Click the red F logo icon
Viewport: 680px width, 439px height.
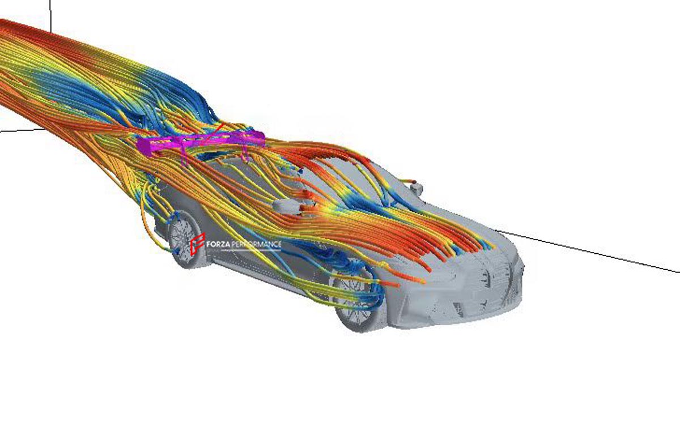pyautogui.click(x=197, y=244)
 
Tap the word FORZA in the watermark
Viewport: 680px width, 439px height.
pyautogui.click(x=218, y=244)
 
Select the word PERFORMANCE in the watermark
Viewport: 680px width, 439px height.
pyautogui.click(x=256, y=244)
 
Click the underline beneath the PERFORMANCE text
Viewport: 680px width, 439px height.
pyautogui.click(x=251, y=250)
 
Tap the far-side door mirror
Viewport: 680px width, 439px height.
pyautogui.click(x=416, y=187)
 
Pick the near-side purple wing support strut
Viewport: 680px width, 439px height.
pyautogui.click(x=184, y=156)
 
